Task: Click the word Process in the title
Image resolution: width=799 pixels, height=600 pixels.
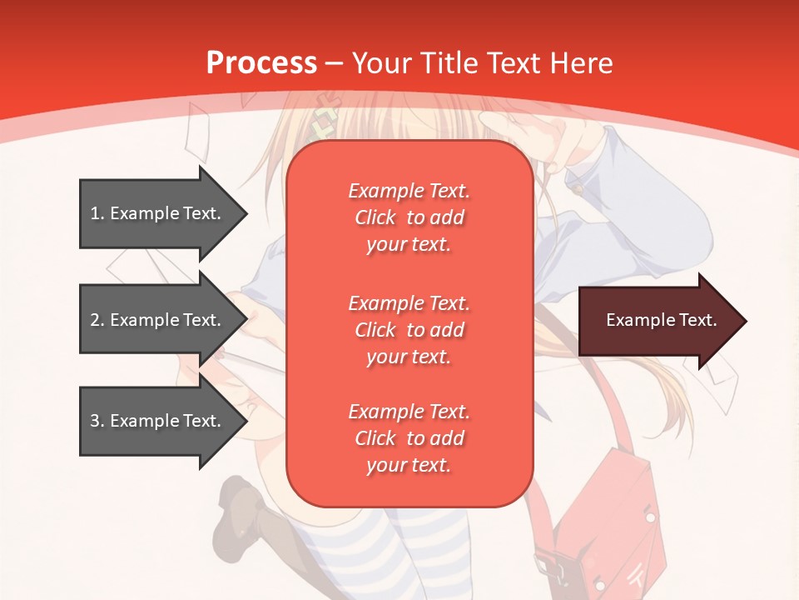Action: click(261, 63)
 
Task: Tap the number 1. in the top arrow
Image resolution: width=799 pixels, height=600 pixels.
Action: click(97, 213)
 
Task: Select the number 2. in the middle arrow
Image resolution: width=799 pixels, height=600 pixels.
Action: click(97, 320)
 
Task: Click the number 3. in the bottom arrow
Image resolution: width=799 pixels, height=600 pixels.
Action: click(97, 421)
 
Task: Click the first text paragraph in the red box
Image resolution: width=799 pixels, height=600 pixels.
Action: click(409, 217)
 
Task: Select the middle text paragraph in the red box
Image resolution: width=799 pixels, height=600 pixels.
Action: click(409, 330)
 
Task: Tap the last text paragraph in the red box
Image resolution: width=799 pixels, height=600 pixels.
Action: click(409, 438)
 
